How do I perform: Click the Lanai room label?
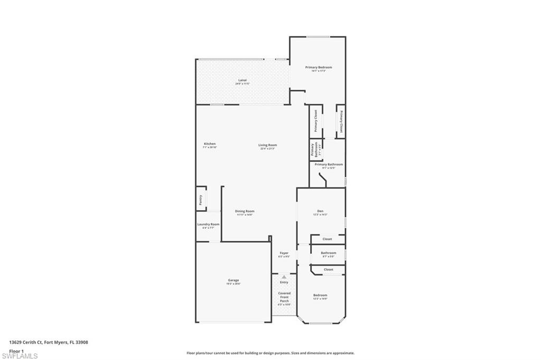(x=242, y=80)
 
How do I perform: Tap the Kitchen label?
(x=210, y=144)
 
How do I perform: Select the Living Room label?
(x=267, y=145)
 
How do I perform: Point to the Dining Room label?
(x=245, y=211)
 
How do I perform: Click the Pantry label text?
(x=201, y=200)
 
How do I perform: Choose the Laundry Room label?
(x=208, y=224)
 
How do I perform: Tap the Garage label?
(x=234, y=280)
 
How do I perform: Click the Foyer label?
(x=284, y=253)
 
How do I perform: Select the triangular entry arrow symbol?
(x=284, y=276)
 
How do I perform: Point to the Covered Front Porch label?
(x=284, y=297)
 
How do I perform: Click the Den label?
(x=320, y=211)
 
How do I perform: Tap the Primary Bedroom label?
(x=319, y=67)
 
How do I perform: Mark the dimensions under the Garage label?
(x=234, y=284)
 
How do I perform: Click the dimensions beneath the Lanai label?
(x=242, y=84)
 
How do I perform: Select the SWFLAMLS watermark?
(x=20, y=356)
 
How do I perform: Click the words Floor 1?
(x=16, y=350)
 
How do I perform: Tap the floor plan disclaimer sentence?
(x=270, y=353)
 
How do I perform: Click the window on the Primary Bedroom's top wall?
(x=319, y=37)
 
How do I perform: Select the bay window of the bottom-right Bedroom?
(x=321, y=323)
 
